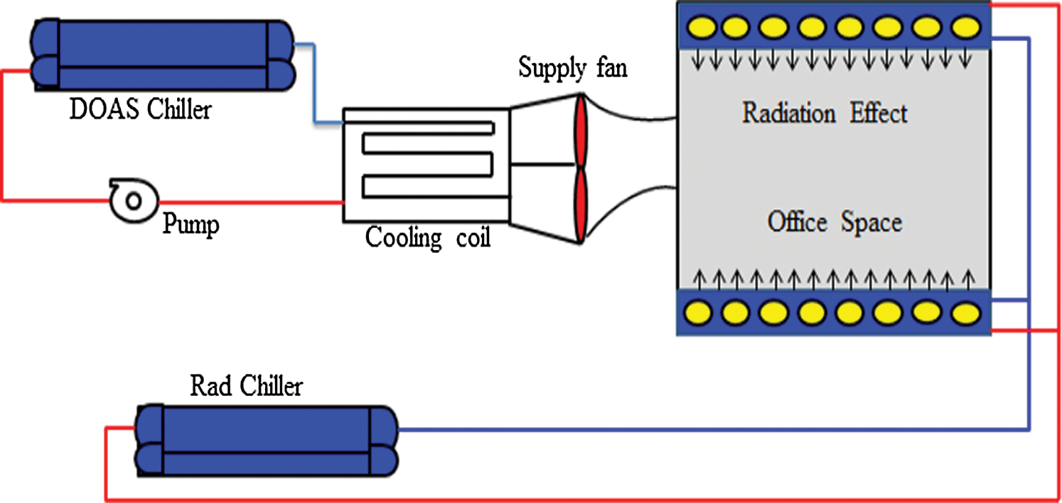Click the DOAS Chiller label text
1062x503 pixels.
click(140, 110)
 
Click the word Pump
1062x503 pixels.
click(191, 225)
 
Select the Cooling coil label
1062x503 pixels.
click(427, 237)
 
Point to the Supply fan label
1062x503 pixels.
click(573, 69)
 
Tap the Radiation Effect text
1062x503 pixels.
click(825, 114)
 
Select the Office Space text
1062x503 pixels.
click(835, 222)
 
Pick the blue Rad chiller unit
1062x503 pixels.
click(266, 440)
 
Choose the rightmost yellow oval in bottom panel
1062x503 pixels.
click(965, 311)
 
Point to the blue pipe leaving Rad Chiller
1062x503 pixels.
click(711, 429)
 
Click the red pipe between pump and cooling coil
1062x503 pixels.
click(249, 202)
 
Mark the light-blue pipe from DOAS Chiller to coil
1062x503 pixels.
click(313, 85)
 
